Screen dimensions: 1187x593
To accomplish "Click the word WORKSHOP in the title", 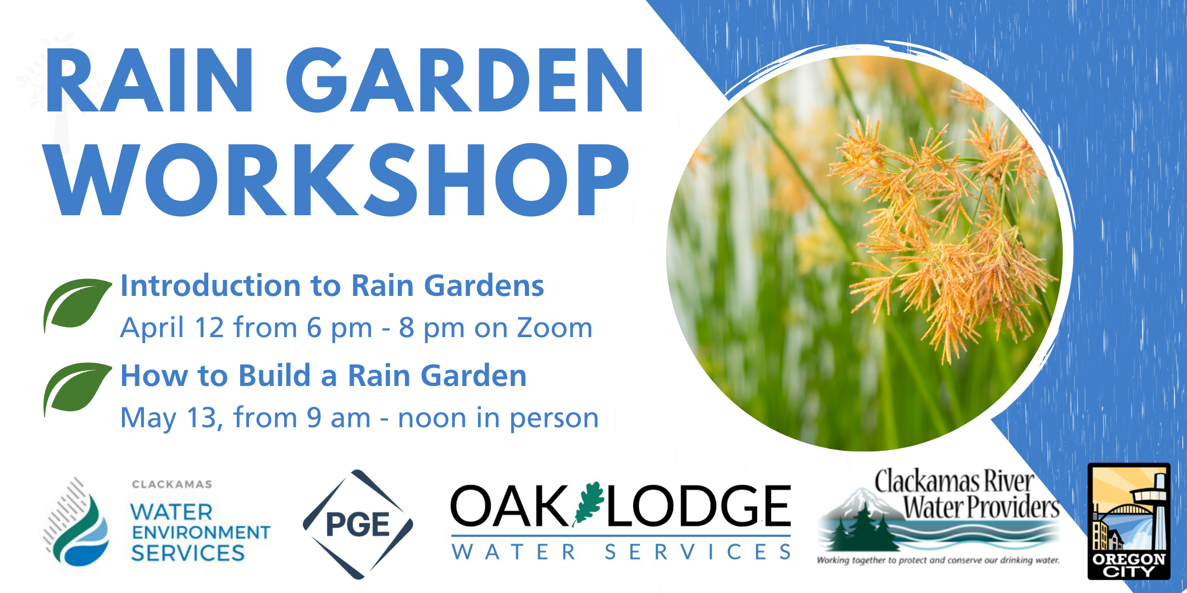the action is click(x=339, y=180).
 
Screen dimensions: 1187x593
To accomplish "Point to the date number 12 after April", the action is click(x=209, y=328).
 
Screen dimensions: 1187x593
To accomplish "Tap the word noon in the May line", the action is click(x=432, y=418).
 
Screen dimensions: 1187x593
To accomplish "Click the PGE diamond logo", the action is click(x=358, y=524).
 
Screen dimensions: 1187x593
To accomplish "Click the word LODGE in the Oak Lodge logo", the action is click(x=698, y=506).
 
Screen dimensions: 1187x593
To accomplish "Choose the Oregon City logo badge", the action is click(x=1129, y=521).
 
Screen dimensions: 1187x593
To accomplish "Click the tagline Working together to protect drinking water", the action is click(x=938, y=561).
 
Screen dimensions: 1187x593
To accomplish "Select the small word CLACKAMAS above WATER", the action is click(x=172, y=484).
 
